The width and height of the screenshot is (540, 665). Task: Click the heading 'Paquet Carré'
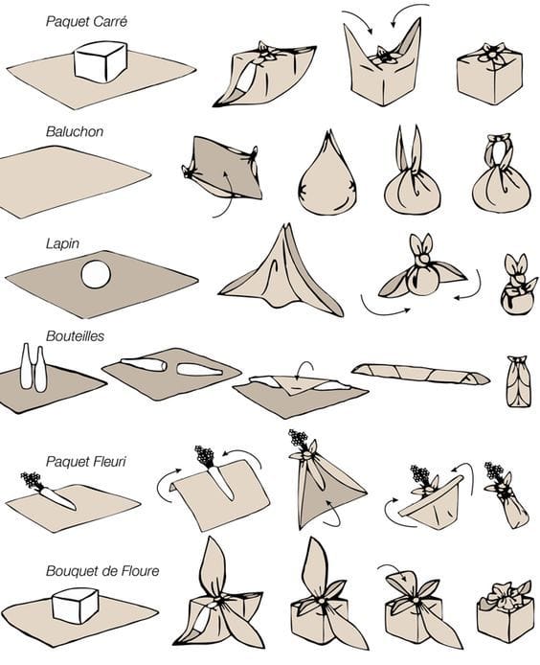[86, 22]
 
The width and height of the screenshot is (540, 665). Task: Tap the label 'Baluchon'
[75, 131]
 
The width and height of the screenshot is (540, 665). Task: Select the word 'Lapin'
[63, 243]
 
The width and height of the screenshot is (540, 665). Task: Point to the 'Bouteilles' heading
[75, 336]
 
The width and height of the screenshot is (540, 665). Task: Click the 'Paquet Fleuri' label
[86, 461]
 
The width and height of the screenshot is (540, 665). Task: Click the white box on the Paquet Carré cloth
[100, 61]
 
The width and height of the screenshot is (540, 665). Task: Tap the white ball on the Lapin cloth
[96, 274]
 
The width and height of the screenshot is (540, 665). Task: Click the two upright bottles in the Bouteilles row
[34, 367]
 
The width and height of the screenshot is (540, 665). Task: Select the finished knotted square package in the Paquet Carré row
[488, 73]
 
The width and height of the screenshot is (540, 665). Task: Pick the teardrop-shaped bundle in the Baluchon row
[327, 175]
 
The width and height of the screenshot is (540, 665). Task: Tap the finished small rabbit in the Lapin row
[518, 285]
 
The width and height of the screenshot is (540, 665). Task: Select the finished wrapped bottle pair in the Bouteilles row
[518, 381]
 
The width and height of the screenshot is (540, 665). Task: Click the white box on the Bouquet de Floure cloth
[75, 606]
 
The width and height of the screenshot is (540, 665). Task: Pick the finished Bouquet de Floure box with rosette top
[505, 611]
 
